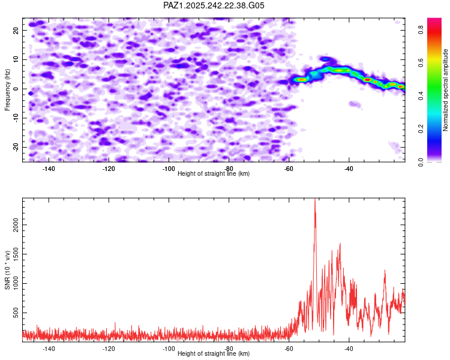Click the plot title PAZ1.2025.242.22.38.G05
214,5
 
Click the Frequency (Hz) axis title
7,89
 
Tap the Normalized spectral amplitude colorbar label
446,90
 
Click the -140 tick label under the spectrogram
49,168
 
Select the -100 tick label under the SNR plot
169,348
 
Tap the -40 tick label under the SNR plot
349,348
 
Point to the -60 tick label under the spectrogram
289,168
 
